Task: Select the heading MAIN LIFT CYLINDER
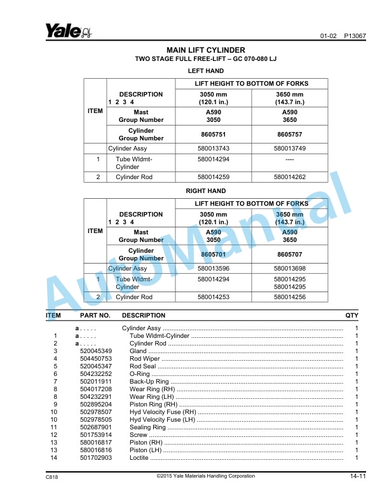point(205,50)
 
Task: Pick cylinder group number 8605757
point(289,135)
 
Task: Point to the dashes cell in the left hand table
point(289,159)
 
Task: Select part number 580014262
point(289,177)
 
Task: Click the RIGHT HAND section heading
point(205,191)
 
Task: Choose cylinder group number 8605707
point(289,255)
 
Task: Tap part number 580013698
point(289,269)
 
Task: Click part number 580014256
point(289,297)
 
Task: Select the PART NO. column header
point(95,316)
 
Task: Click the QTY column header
point(351,316)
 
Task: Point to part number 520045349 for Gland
point(96,351)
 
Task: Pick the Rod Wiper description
point(144,359)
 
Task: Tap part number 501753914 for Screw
point(96,435)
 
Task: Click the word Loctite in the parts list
point(139,458)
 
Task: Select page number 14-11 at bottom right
point(357,476)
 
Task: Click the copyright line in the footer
point(205,476)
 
